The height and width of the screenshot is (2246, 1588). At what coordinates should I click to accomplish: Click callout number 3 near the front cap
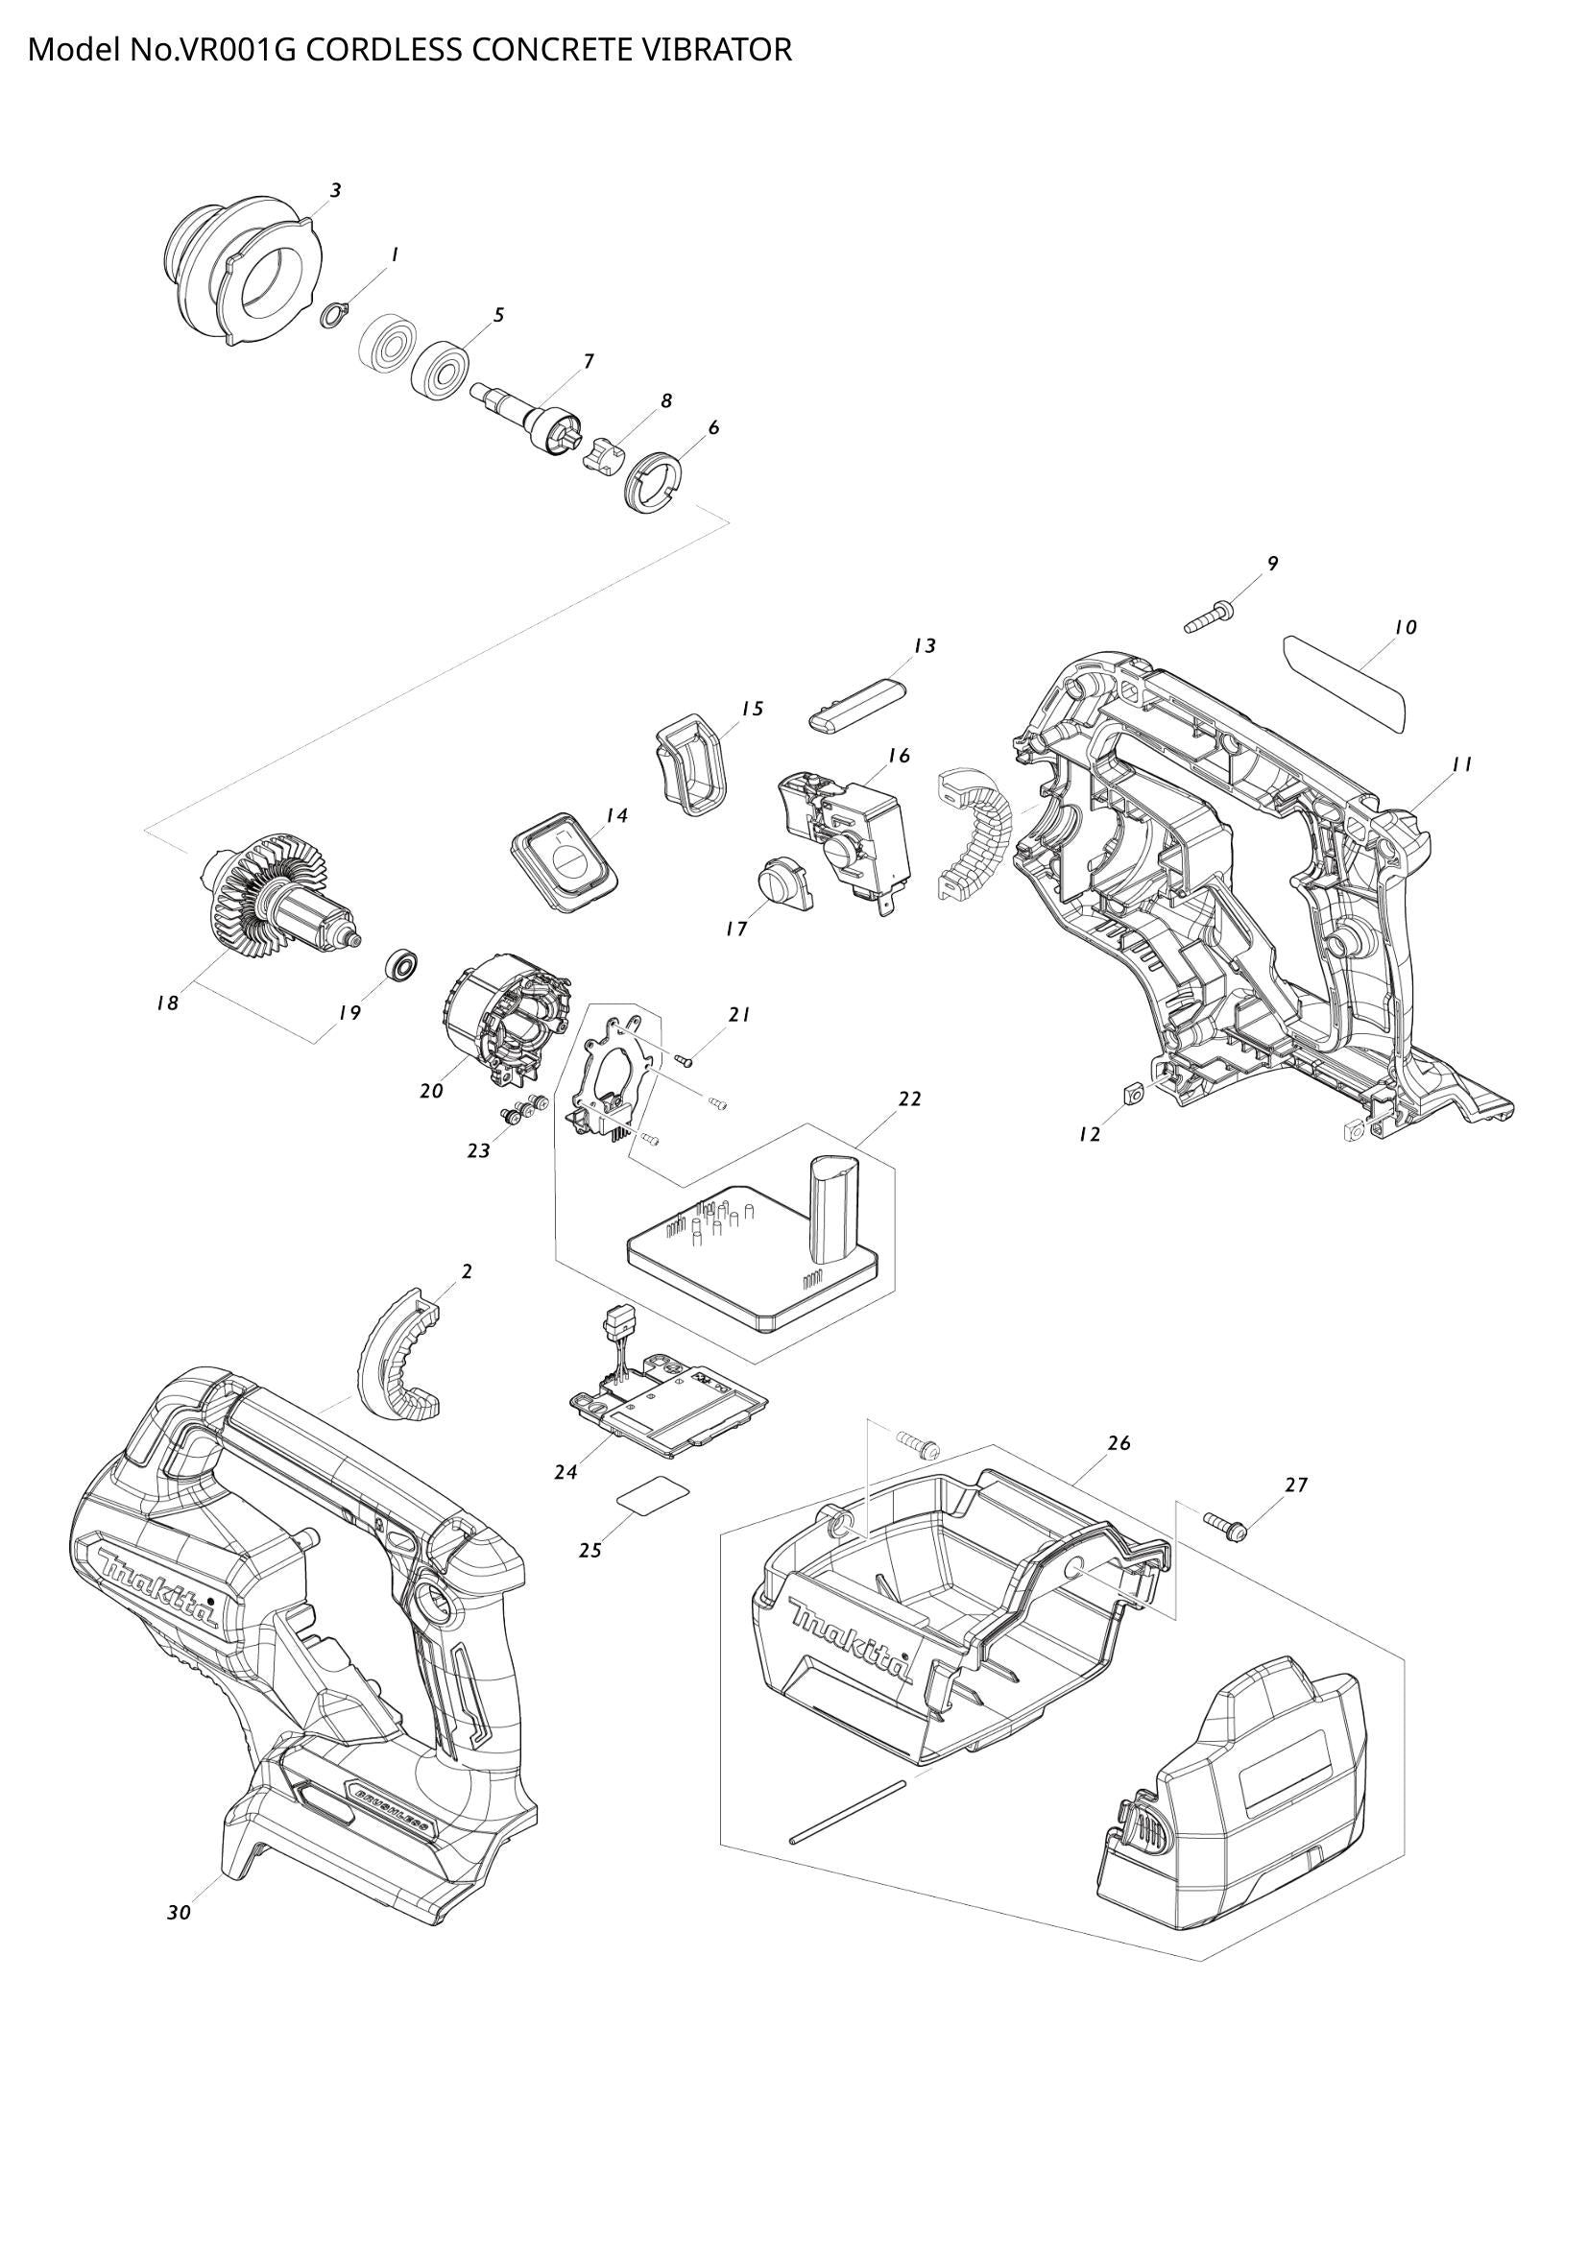tap(335, 191)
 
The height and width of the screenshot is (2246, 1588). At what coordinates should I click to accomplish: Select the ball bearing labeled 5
tap(441, 370)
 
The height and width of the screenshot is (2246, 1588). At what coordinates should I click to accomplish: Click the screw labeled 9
tap(1209, 618)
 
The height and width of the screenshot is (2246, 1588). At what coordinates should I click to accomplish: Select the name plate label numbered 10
tap(1344, 682)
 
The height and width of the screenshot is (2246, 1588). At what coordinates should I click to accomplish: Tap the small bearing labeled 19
tap(402, 964)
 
